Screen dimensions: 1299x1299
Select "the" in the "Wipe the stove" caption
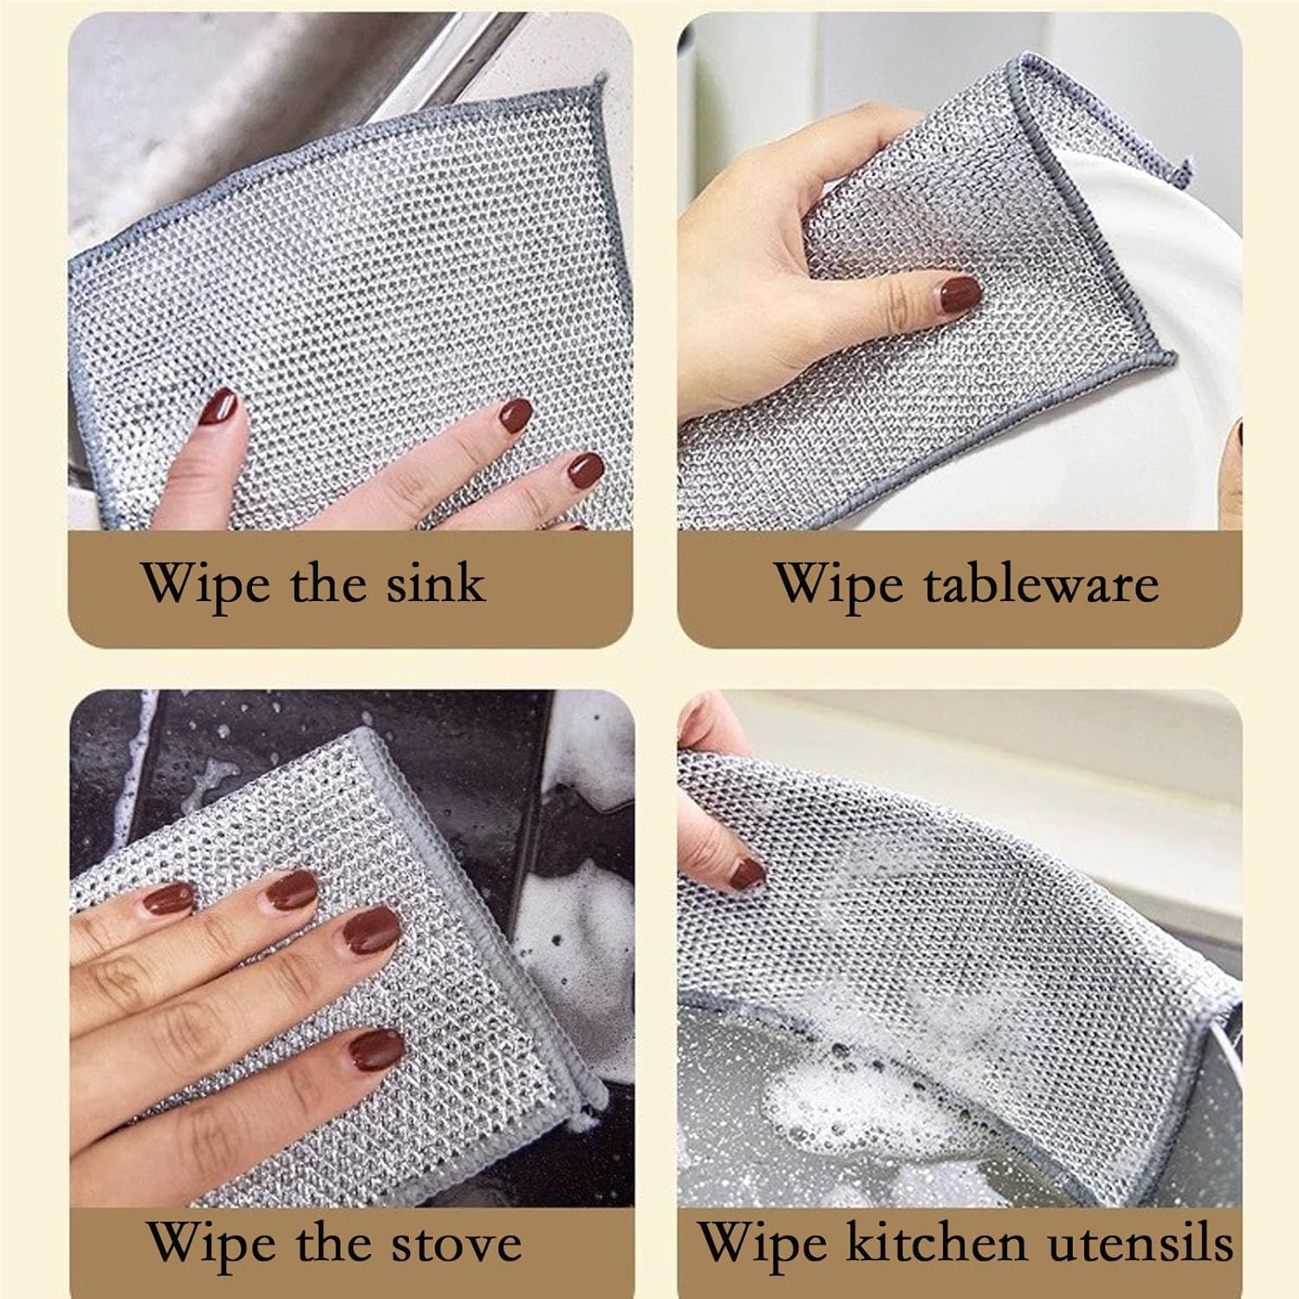(333, 1244)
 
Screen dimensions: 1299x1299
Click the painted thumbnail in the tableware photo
(955, 295)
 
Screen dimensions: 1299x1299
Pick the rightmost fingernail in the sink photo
(586, 470)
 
